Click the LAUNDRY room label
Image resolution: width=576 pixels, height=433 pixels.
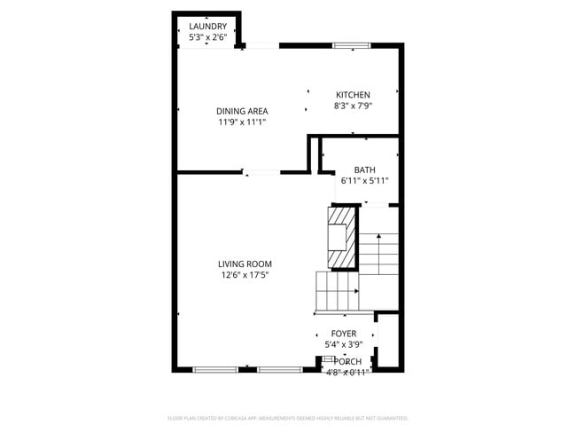coord(207,27)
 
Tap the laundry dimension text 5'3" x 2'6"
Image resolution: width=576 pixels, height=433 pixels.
coord(207,37)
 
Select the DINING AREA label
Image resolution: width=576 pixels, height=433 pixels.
coord(242,111)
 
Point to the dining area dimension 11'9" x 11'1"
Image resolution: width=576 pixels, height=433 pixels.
coord(242,122)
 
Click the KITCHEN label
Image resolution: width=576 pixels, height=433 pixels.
coord(353,95)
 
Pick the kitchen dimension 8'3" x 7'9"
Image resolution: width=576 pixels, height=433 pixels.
coord(353,106)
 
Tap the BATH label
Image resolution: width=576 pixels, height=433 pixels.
coord(364,169)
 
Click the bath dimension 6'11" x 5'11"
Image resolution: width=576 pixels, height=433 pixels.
coord(364,181)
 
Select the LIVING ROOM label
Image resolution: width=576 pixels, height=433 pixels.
coord(245,264)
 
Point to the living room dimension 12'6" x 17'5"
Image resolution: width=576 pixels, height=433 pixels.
coord(245,275)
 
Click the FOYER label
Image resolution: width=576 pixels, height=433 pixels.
coord(343,334)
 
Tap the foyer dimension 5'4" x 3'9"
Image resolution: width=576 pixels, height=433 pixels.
coord(343,344)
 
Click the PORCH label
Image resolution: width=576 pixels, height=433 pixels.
coord(348,361)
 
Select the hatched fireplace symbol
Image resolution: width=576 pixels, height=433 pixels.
coord(341,236)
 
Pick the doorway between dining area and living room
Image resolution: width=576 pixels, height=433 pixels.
coord(263,171)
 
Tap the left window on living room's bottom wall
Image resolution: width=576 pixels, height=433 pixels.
coord(215,368)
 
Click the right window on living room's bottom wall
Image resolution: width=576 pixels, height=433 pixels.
coord(279,368)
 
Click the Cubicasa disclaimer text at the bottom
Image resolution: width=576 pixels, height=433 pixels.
coord(287,417)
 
